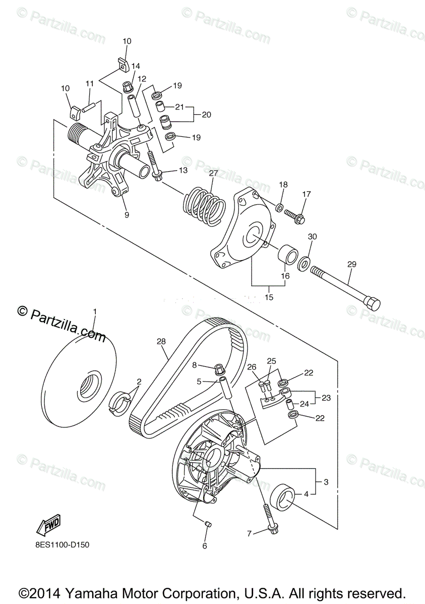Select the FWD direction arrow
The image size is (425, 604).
(x=48, y=525)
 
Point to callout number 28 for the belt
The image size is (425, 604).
(x=161, y=342)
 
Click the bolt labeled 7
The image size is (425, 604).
(x=267, y=519)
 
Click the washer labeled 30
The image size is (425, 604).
(x=305, y=263)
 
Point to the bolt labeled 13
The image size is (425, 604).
(x=154, y=166)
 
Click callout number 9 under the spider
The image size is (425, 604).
(x=126, y=214)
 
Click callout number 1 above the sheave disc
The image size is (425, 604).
(x=94, y=313)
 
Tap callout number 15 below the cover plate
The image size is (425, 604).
(x=268, y=297)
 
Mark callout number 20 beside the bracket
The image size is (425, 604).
(x=206, y=114)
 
